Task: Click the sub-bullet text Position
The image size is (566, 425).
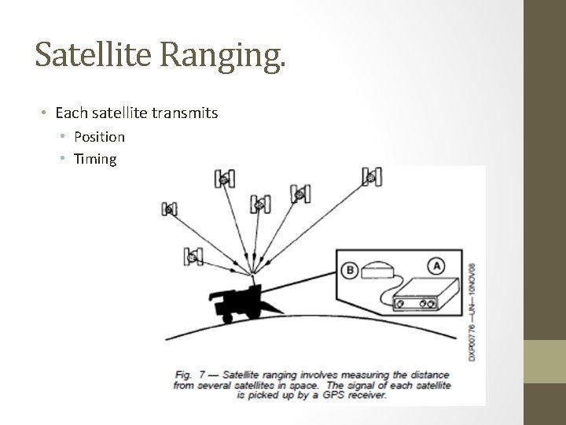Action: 99,136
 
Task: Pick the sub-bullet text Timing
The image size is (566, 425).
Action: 95,159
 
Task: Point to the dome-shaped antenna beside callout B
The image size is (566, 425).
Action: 382,270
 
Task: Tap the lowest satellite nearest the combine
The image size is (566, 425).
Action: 193,256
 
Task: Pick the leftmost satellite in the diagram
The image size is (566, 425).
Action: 169,209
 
